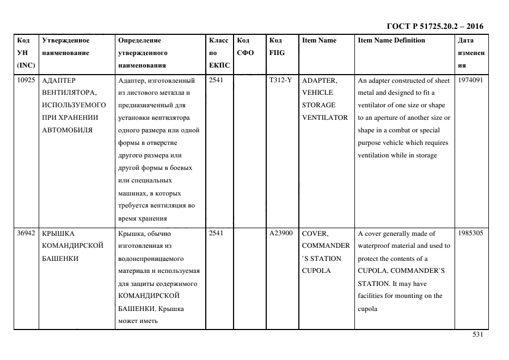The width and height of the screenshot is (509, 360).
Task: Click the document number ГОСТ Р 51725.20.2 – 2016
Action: (434, 26)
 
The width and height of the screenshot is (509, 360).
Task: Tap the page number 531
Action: (477, 335)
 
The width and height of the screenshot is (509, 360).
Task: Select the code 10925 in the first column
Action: (26, 81)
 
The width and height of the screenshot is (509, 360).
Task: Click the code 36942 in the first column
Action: (26, 234)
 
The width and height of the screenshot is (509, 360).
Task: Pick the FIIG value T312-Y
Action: (280, 81)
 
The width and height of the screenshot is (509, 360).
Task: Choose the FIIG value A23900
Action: (281, 234)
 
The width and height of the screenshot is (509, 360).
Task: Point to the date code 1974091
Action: (470, 81)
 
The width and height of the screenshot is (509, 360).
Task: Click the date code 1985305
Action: (470, 234)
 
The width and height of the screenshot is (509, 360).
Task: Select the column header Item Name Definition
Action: (391, 40)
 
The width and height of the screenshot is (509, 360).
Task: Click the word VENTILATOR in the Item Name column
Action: (324, 118)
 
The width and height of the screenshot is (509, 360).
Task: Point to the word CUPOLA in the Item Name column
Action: (316, 271)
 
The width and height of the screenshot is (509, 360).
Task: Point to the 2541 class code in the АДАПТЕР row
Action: (216, 81)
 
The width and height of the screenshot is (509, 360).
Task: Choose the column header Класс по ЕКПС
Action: (219, 53)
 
